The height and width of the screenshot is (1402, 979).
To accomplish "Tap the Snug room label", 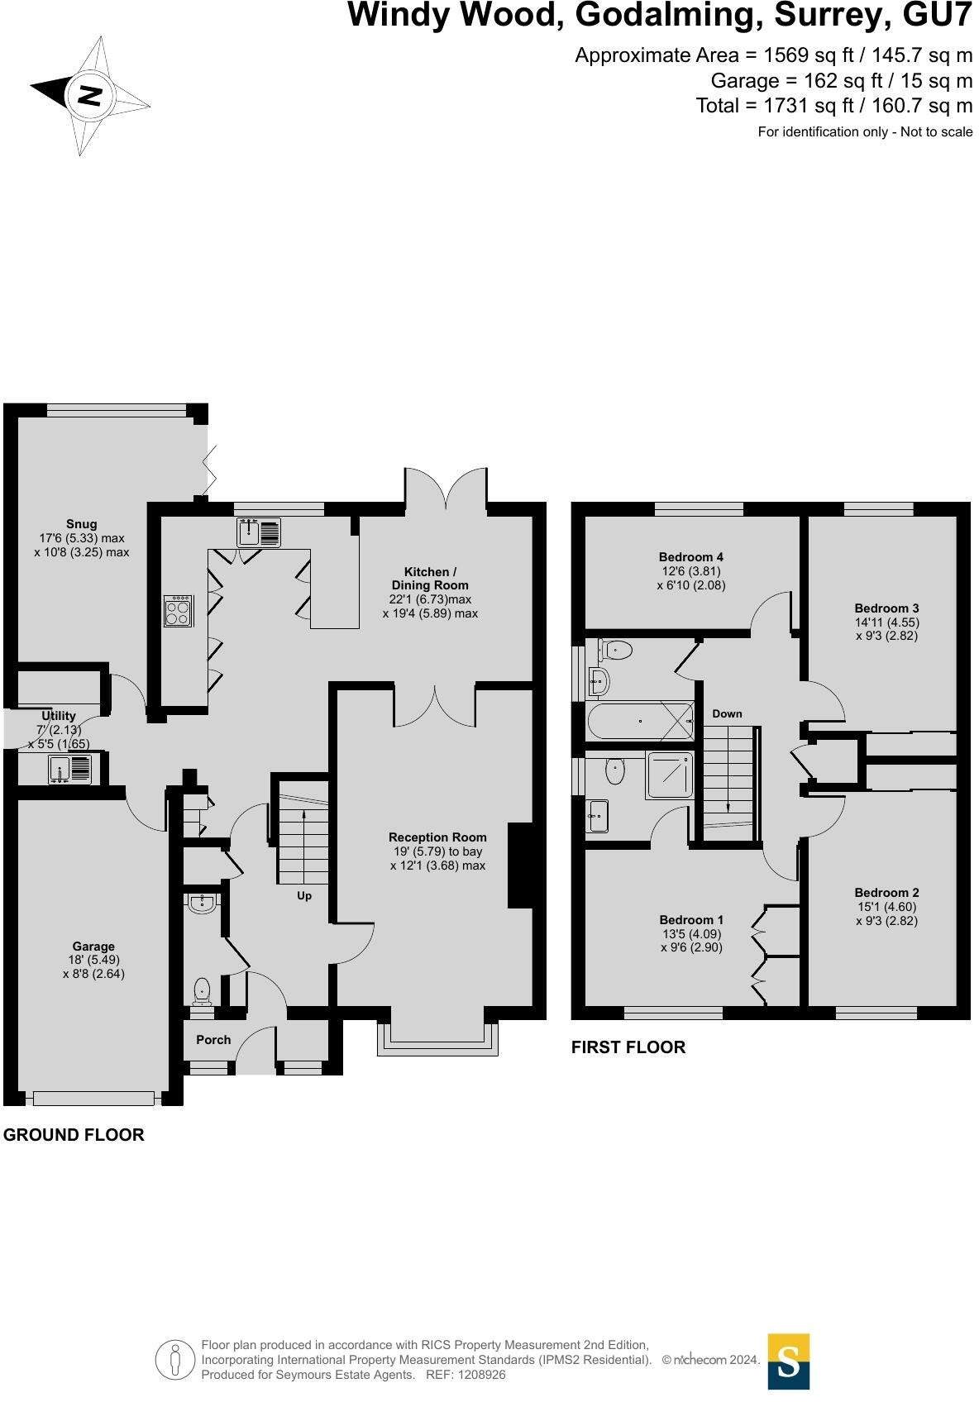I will [82, 524].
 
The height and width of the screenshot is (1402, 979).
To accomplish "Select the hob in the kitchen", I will [179, 611].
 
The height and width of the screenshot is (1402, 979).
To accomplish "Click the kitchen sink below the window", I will [259, 533].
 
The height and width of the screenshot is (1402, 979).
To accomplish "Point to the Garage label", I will [93, 947].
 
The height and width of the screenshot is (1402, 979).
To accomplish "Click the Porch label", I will [213, 1040].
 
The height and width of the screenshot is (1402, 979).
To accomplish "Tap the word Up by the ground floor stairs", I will [304, 896].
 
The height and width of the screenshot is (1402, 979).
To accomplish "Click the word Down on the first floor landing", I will [727, 713].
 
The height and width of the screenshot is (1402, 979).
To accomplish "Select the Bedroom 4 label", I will [691, 557].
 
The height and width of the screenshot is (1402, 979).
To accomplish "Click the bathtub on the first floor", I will [641, 721].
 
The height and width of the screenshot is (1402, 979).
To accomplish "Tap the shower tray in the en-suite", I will [671, 775].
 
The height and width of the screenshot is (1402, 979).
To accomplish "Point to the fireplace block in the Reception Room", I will [520, 866].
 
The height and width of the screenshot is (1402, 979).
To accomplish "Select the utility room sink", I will [71, 770].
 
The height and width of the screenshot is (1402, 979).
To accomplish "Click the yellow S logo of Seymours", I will [788, 1361].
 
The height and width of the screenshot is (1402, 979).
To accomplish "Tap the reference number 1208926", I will [479, 1375].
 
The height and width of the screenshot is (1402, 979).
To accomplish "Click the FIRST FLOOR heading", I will [628, 1047].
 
